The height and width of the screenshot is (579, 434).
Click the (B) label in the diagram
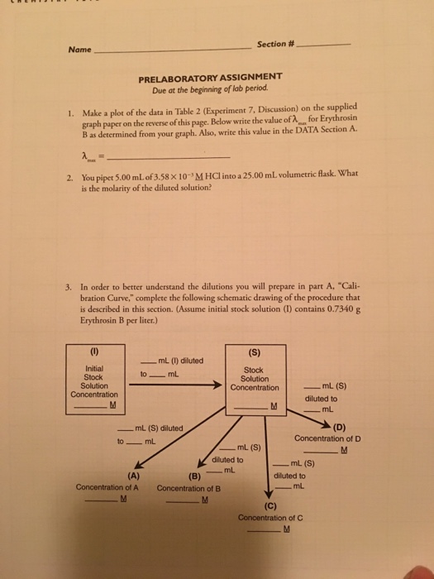coord(195,476)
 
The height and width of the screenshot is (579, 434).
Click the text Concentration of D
coord(327,438)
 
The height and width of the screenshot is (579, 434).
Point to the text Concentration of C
coord(270,518)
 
